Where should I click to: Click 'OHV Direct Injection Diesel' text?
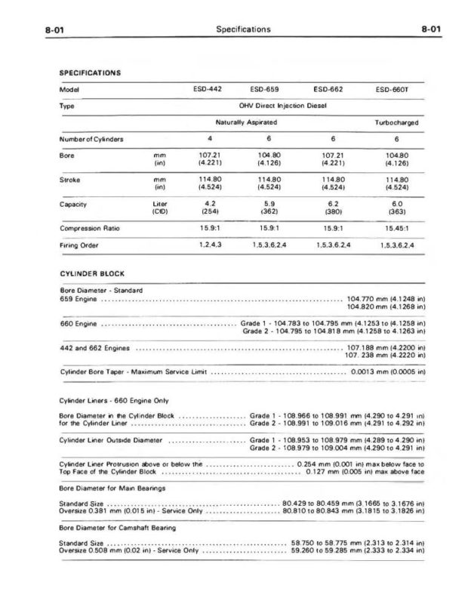click(282, 106)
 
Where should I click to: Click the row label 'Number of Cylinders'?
click(91, 139)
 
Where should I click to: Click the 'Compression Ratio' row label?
click(89, 228)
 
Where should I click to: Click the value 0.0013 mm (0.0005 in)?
click(390, 372)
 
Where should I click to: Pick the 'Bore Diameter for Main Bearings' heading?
click(111, 488)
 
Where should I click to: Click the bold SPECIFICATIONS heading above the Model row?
click(91, 72)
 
